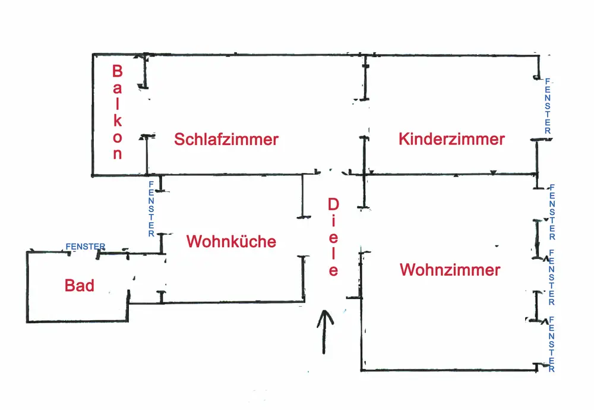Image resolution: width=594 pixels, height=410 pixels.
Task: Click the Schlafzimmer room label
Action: [x=226, y=140]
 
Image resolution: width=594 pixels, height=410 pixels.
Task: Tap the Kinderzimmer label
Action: [x=451, y=140]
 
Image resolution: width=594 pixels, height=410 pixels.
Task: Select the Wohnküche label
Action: [x=231, y=242]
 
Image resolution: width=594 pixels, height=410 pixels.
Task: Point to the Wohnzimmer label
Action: [x=450, y=270]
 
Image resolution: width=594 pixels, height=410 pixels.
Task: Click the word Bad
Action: [x=79, y=286]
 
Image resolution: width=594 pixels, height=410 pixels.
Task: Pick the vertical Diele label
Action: [x=333, y=237]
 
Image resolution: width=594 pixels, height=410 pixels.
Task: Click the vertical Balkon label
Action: [x=117, y=112]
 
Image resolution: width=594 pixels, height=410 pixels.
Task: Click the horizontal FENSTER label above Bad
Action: [x=86, y=247]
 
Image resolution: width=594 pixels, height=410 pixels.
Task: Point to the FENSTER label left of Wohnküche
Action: [x=151, y=209]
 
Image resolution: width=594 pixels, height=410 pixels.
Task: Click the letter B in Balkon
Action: [x=117, y=71]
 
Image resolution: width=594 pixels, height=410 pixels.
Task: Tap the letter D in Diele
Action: [x=333, y=204]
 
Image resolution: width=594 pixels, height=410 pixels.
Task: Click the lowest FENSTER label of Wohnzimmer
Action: [x=552, y=345]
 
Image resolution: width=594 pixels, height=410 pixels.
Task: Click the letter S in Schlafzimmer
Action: [x=179, y=140]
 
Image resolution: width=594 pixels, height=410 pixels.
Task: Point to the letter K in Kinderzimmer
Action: [x=404, y=140]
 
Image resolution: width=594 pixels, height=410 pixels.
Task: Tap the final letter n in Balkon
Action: [x=117, y=154]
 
